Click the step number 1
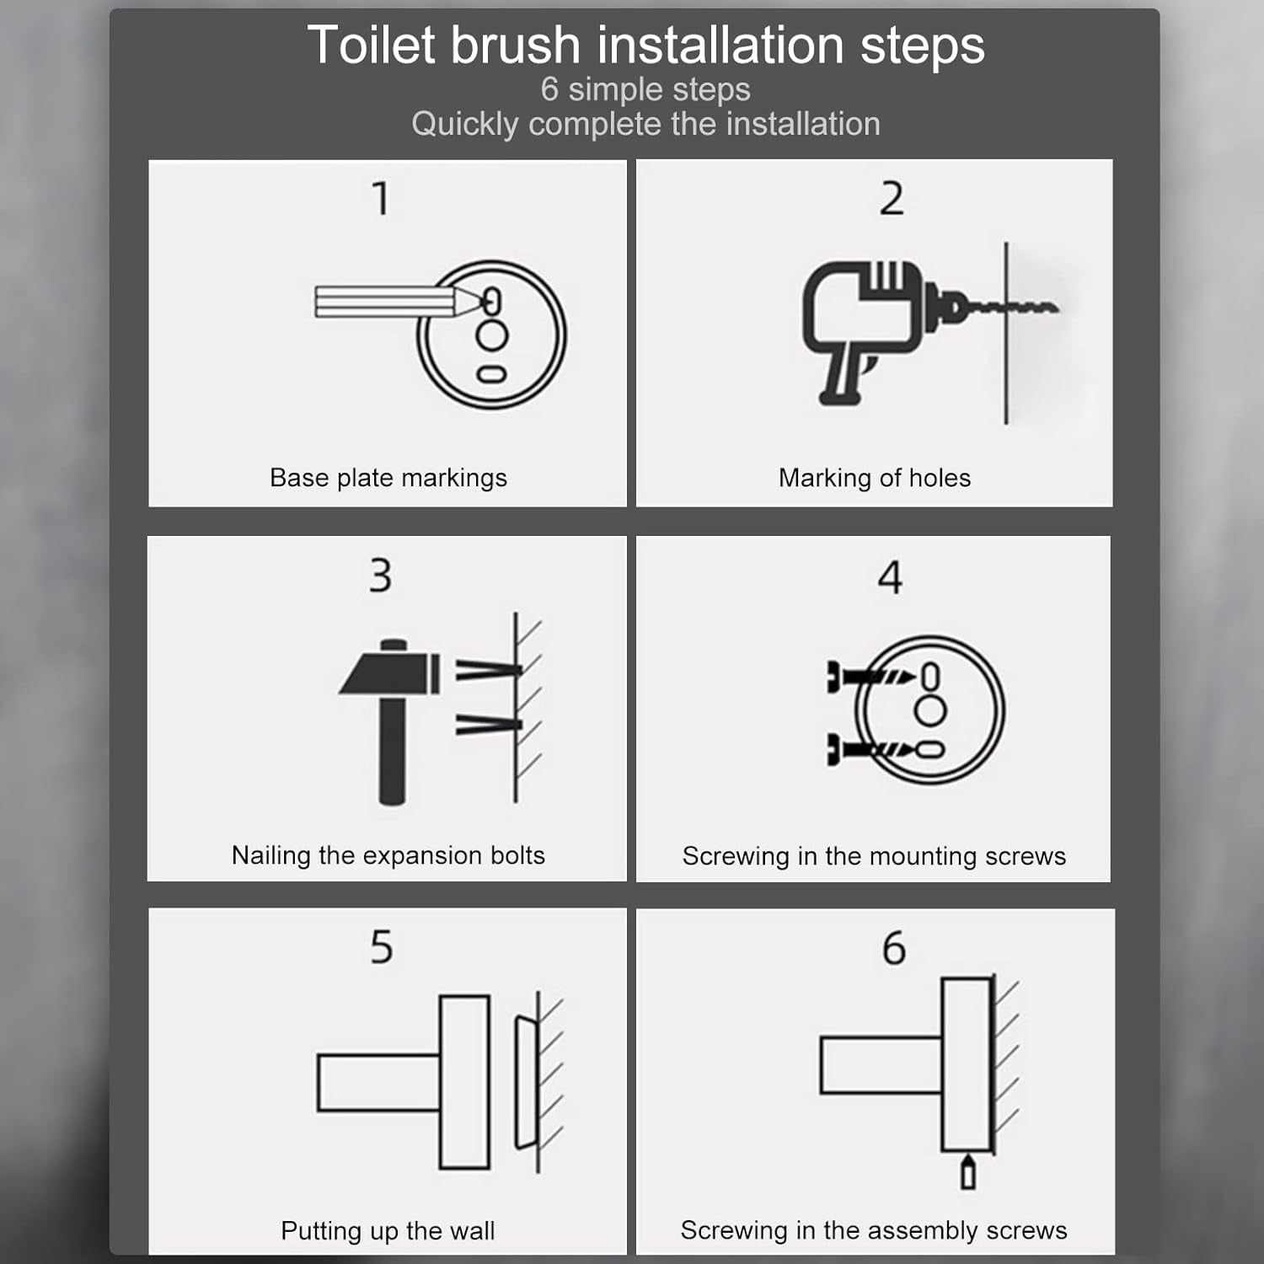(381, 199)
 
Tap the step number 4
(890, 577)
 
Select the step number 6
(893, 948)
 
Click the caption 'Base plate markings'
(388, 478)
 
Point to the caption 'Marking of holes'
(875, 478)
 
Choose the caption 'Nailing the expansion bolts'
(388, 855)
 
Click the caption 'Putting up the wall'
(388, 1230)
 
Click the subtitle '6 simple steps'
(645, 89)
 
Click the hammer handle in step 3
(392, 749)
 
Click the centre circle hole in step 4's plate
(930, 712)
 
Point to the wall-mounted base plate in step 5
(526, 1082)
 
